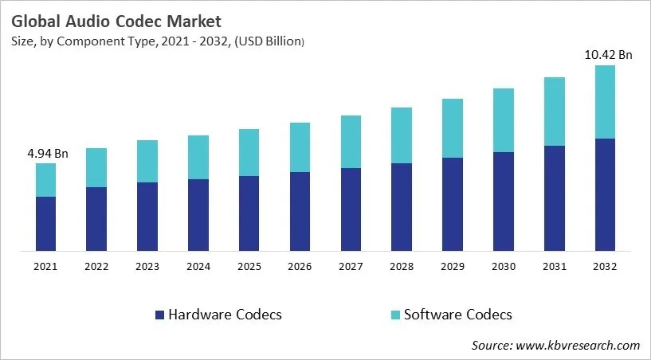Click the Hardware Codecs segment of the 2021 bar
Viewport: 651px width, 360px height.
pyautogui.click(x=45, y=224)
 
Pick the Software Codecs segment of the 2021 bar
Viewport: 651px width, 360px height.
pyautogui.click(x=45, y=180)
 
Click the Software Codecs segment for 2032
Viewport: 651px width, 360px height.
pyautogui.click(x=606, y=102)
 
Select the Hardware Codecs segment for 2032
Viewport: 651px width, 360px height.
pyautogui.click(x=606, y=195)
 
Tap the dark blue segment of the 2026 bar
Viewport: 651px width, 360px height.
pyautogui.click(x=300, y=211)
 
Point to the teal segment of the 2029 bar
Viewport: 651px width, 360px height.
pyautogui.click(x=453, y=128)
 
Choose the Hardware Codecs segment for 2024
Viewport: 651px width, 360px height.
pyautogui.click(x=198, y=215)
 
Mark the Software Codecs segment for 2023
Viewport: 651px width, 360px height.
pyautogui.click(x=147, y=162)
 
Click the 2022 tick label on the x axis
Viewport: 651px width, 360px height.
pyautogui.click(x=96, y=268)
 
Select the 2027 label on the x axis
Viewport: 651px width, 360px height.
pyautogui.click(x=351, y=268)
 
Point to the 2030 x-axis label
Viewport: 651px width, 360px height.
pyautogui.click(x=504, y=268)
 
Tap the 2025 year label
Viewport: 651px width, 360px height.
pyautogui.click(x=249, y=268)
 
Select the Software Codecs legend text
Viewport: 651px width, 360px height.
pyautogui.click(x=458, y=315)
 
